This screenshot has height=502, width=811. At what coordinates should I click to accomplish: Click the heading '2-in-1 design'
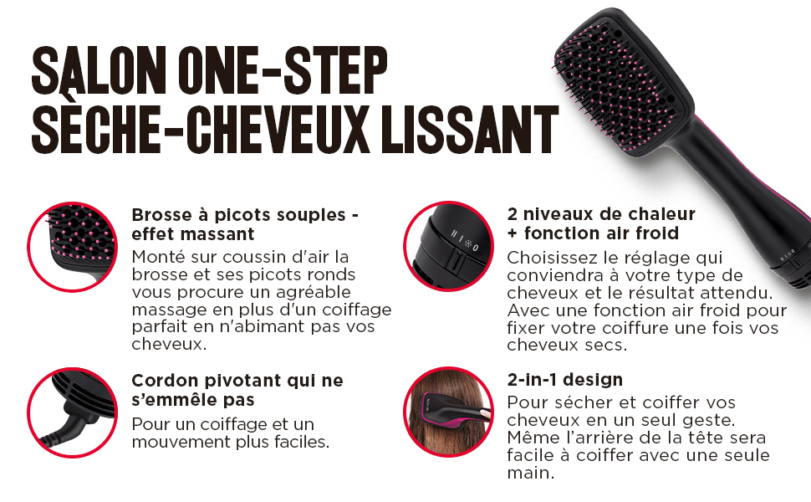click(x=565, y=380)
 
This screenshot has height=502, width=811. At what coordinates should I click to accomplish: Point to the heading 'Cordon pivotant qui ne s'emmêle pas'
click(x=237, y=390)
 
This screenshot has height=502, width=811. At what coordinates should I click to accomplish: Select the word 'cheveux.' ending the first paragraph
click(x=169, y=344)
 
